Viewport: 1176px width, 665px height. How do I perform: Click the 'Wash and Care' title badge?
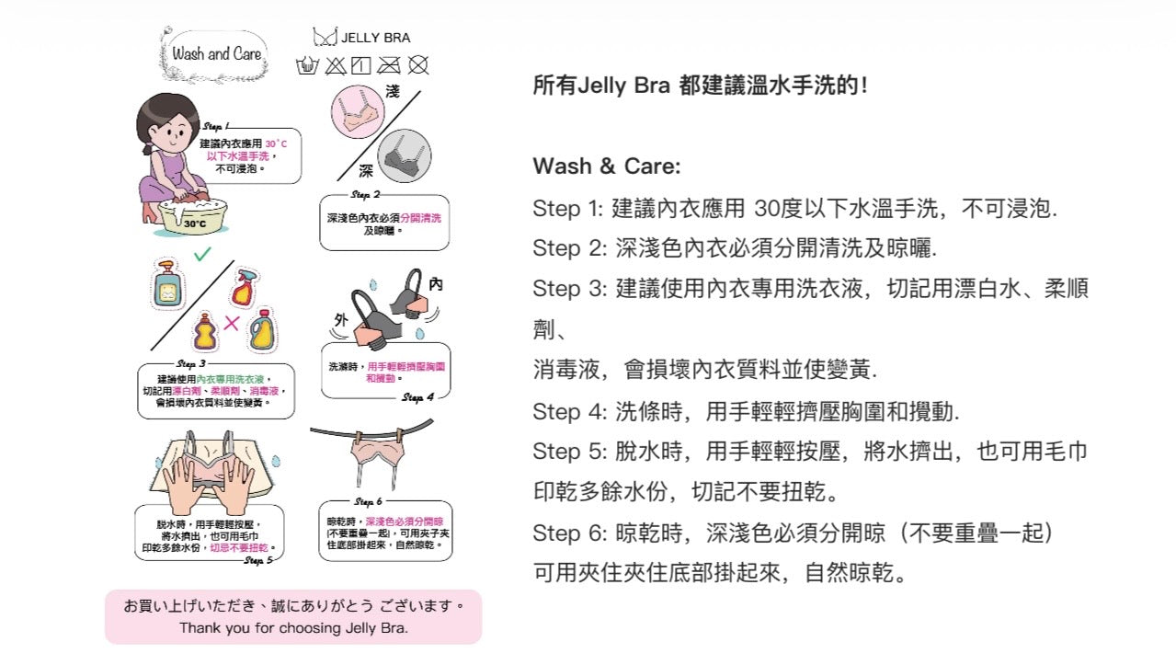tap(217, 53)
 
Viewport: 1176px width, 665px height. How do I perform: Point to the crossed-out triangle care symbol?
tap(335, 65)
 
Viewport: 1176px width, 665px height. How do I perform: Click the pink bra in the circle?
tap(357, 112)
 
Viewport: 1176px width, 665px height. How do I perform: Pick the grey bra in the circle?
tap(405, 154)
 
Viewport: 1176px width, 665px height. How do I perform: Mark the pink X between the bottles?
tap(232, 323)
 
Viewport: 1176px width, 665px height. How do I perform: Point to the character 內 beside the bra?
tap(436, 284)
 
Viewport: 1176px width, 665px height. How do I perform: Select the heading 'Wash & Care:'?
tap(606, 166)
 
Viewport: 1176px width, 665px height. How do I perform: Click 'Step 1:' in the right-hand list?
tap(566, 208)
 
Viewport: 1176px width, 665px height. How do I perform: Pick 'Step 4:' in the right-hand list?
tap(568, 410)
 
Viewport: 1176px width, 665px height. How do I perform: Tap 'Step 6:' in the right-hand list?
tap(568, 533)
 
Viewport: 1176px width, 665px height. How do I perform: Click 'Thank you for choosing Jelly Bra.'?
tap(293, 628)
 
